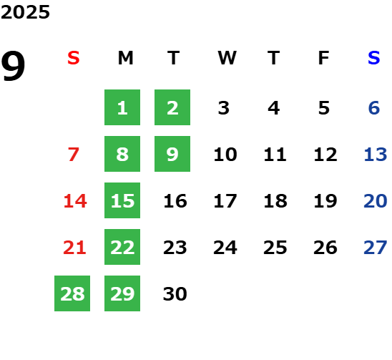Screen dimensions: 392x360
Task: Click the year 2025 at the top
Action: click(x=25, y=12)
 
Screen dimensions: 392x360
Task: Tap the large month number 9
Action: click(x=13, y=66)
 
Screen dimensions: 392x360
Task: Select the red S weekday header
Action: click(x=74, y=58)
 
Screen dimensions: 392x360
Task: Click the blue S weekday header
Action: click(x=374, y=58)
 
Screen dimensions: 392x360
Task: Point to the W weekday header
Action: click(x=227, y=58)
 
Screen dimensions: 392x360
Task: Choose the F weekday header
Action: click(x=324, y=58)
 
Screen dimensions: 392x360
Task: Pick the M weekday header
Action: click(x=125, y=58)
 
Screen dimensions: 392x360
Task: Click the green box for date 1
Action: click(x=122, y=107)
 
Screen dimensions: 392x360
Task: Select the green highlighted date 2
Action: click(x=172, y=107)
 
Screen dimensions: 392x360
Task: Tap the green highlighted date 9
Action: click(x=172, y=154)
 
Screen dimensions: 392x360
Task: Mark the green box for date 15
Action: click(x=122, y=200)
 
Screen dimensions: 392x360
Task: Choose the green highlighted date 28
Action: click(x=72, y=293)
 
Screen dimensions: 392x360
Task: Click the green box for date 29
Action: click(x=122, y=293)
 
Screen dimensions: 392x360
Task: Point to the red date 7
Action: click(x=74, y=155)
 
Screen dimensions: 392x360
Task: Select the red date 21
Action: click(x=74, y=248)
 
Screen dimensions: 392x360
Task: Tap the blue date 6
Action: click(x=374, y=108)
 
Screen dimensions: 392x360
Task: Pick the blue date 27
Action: click(x=376, y=248)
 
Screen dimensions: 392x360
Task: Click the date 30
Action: click(x=175, y=294)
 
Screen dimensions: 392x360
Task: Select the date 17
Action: click(x=225, y=201)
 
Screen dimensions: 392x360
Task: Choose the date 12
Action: click(x=325, y=155)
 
